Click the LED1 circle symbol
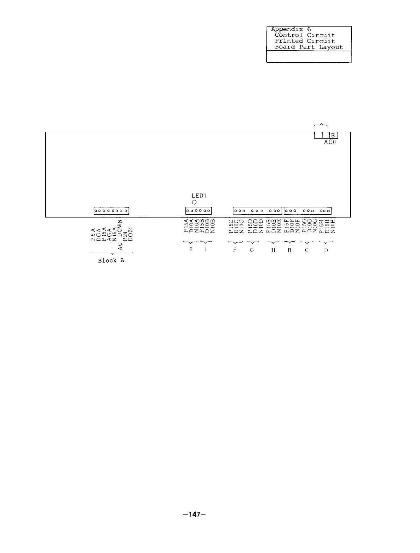(194, 202)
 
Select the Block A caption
(111, 260)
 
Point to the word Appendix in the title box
(287, 30)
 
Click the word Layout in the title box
(331, 47)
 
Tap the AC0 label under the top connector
(330, 142)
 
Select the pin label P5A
(93, 234)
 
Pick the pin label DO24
(130, 234)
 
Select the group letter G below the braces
(252, 250)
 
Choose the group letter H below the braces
(273, 250)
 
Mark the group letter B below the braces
(289, 250)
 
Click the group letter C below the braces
(306, 250)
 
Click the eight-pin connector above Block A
(111, 211)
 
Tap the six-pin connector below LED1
(198, 211)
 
